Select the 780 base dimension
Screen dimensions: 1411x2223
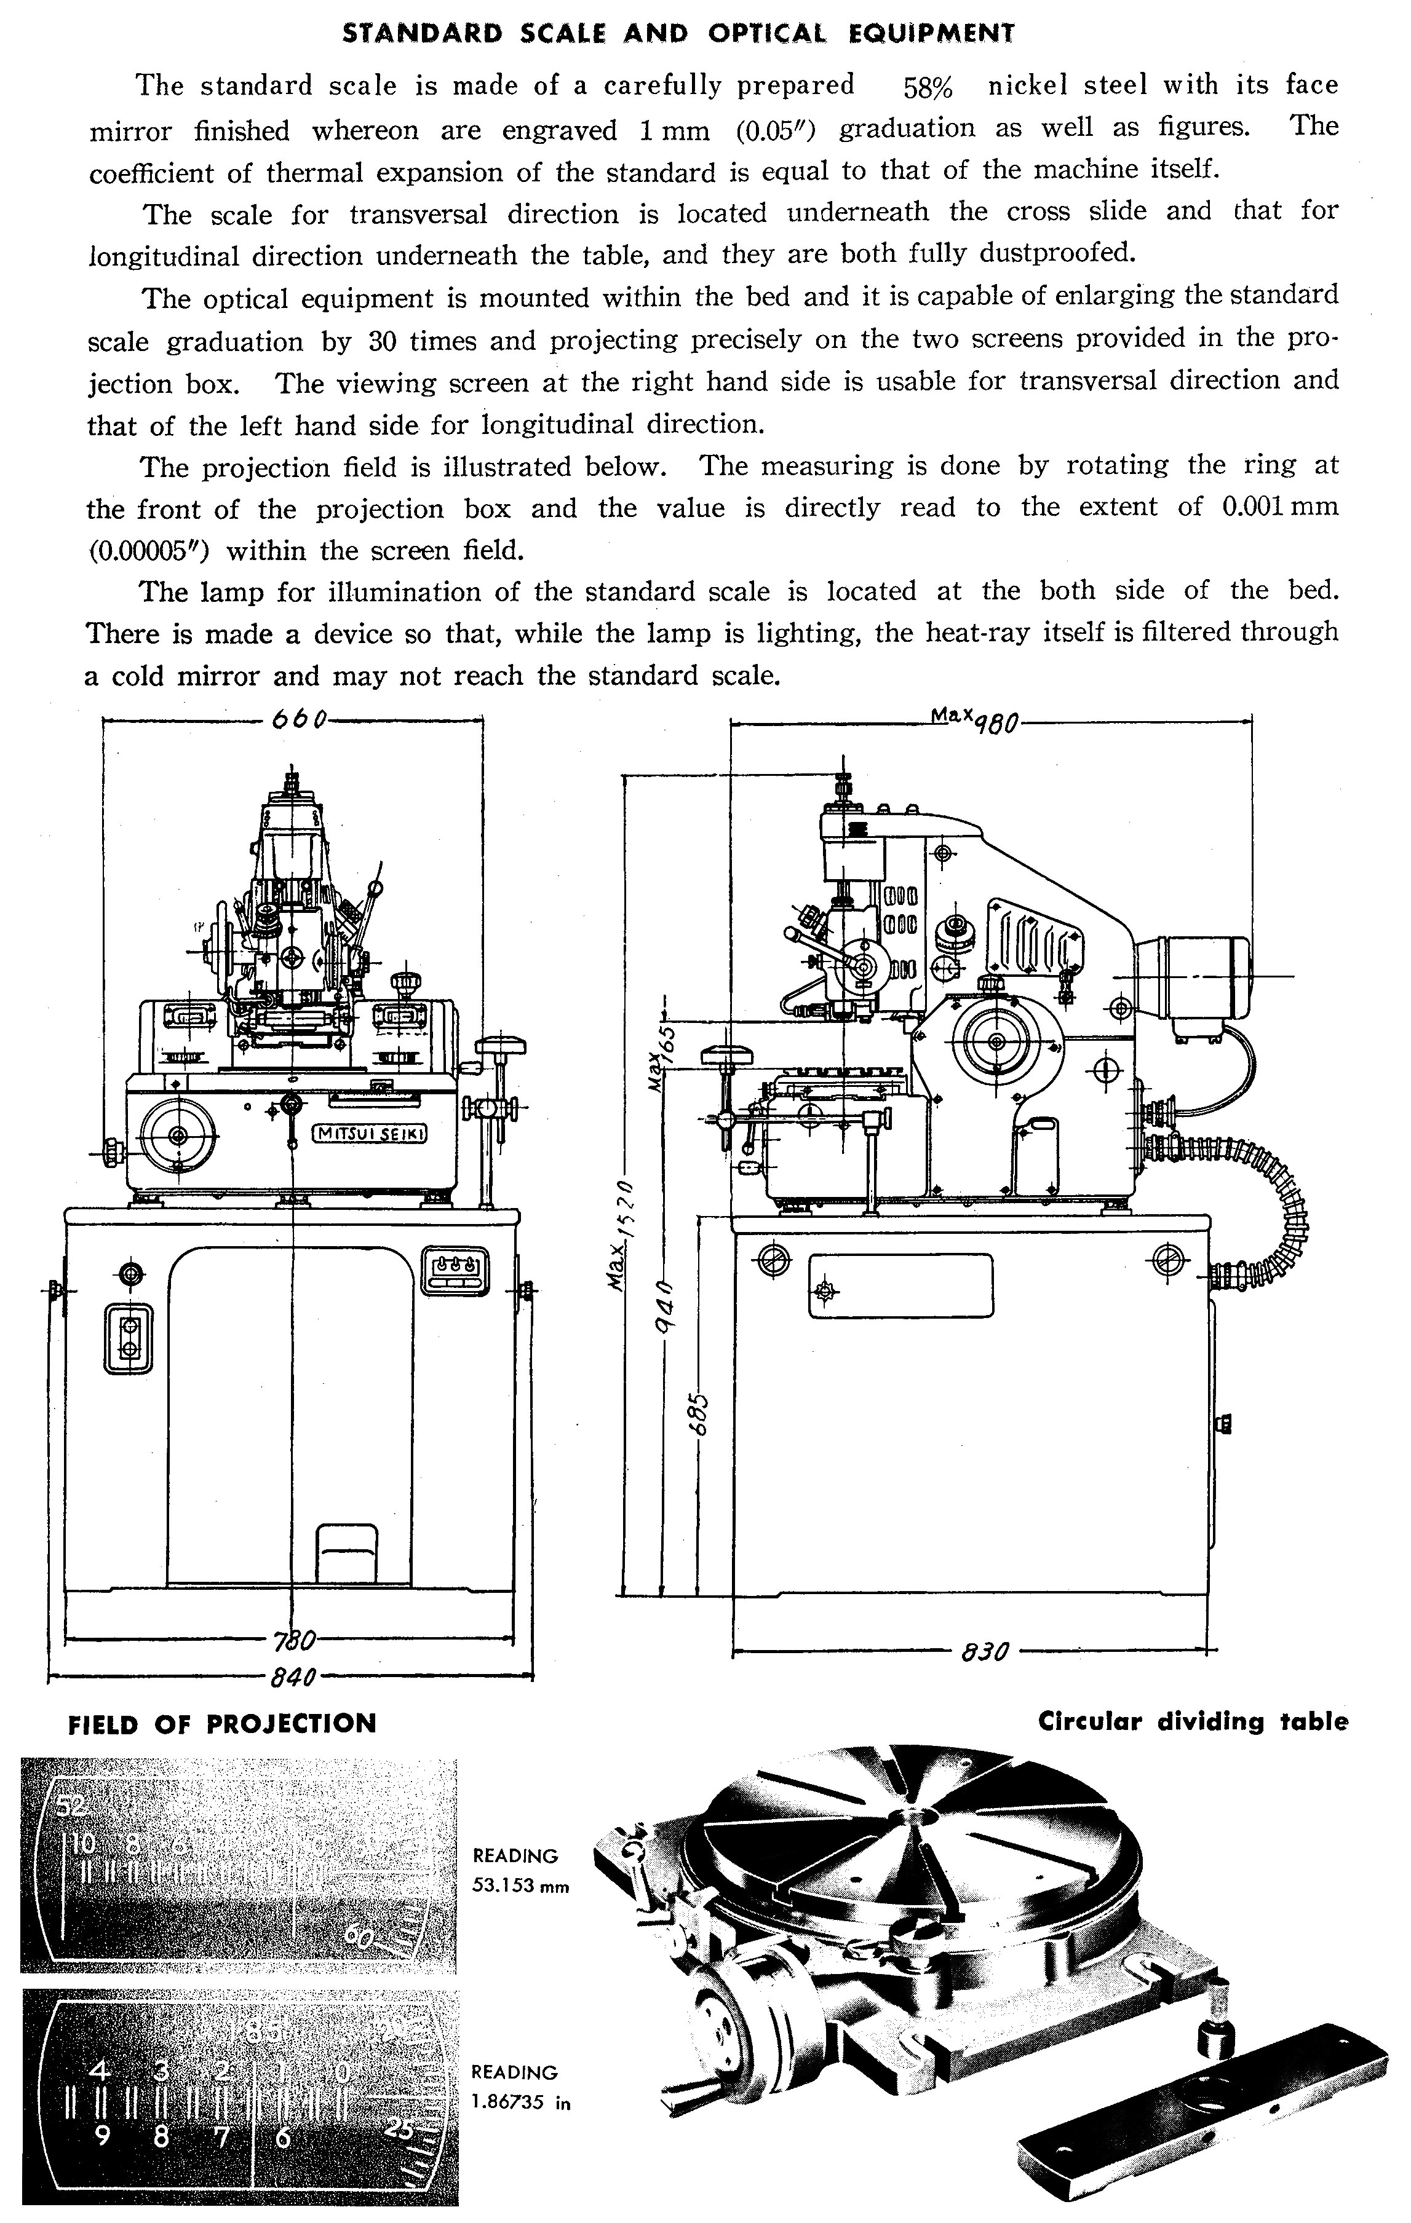tap(293, 1640)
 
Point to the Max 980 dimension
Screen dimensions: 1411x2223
tap(974, 717)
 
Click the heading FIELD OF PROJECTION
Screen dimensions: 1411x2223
tap(223, 1724)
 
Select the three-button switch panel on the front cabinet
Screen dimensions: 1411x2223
tap(456, 1270)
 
